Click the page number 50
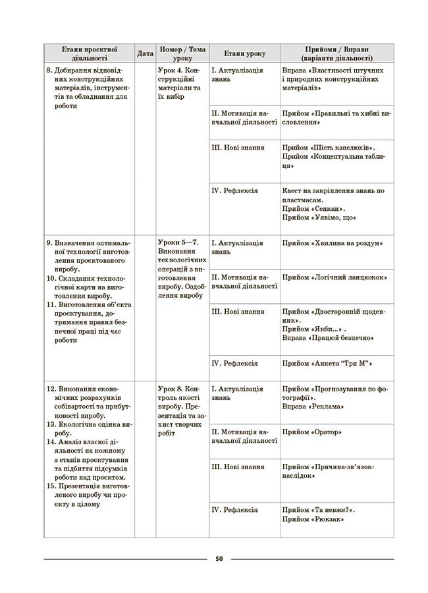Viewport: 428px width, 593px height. [x=219, y=559]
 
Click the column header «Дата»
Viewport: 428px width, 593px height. [x=145, y=53]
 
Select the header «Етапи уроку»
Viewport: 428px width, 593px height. [x=244, y=53]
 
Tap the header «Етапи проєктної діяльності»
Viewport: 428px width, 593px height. [x=90, y=53]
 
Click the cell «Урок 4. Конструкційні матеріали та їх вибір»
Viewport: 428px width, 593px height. [x=181, y=82]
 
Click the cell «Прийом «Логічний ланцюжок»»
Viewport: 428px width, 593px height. [x=334, y=277]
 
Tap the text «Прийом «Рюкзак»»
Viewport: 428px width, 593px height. [x=314, y=519]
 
